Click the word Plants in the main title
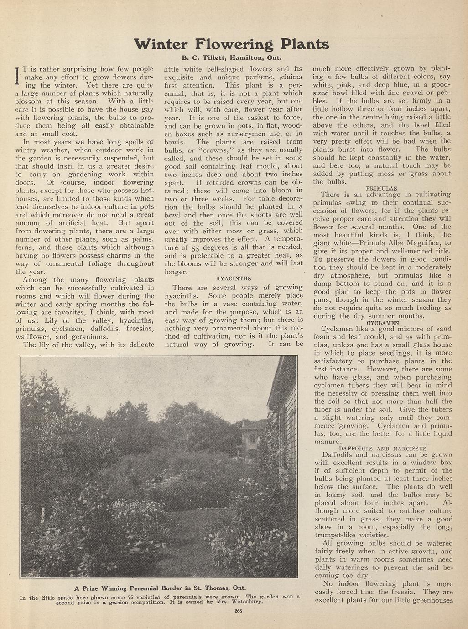(304, 44)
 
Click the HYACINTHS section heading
(233, 278)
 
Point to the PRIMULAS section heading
(381, 188)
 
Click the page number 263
(238, 611)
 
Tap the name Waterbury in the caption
(248, 602)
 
